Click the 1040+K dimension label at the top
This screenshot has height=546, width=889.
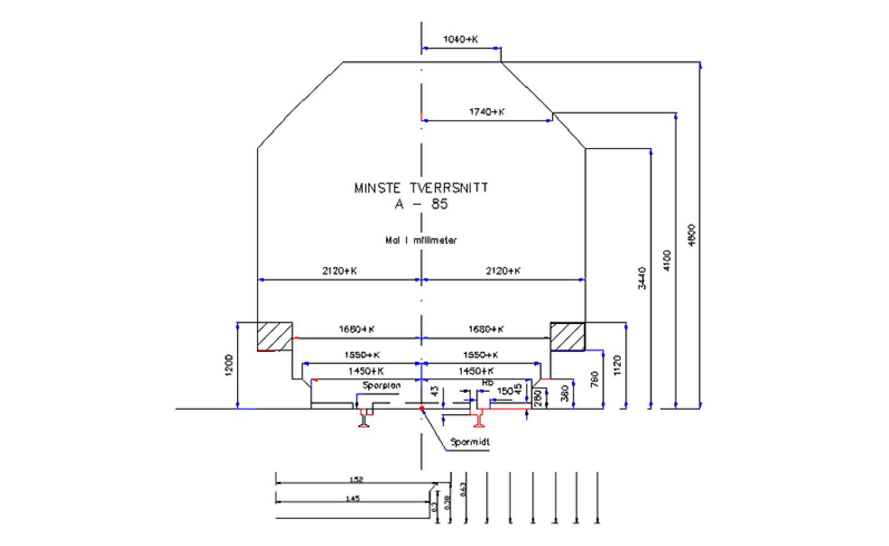click(x=461, y=39)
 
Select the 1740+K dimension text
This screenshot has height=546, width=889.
click(x=487, y=112)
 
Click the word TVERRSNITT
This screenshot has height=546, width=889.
click(x=449, y=188)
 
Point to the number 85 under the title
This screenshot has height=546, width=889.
click(x=439, y=204)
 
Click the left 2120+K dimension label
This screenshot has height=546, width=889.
click(x=339, y=271)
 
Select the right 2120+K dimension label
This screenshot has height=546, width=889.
click(x=503, y=271)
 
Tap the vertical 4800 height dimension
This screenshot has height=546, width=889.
click(x=691, y=235)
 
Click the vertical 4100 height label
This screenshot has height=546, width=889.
click(x=667, y=261)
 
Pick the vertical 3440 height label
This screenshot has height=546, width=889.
click(x=642, y=278)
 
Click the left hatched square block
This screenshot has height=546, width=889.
click(x=274, y=337)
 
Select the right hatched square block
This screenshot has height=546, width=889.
click(x=567, y=337)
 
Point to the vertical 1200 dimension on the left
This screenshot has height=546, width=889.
click(x=229, y=365)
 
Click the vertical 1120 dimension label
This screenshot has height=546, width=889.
click(x=617, y=365)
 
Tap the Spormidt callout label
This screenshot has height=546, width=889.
click(x=470, y=442)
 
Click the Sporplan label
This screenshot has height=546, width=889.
click(x=382, y=385)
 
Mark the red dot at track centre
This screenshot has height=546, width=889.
click(x=422, y=409)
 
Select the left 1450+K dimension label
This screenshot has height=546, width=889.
click(x=366, y=371)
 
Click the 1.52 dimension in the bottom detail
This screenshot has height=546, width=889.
click(x=356, y=479)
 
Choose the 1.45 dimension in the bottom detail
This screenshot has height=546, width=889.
click(x=353, y=498)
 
